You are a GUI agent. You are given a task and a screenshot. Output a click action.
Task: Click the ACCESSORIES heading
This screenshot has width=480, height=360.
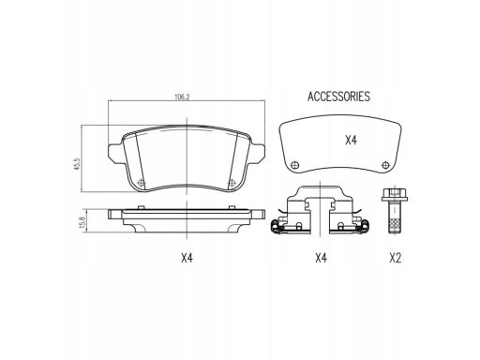[338, 97]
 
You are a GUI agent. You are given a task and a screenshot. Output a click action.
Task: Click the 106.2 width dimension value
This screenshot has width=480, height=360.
[182, 97]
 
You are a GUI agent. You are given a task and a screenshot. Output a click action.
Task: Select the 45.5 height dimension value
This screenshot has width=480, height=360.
[77, 164]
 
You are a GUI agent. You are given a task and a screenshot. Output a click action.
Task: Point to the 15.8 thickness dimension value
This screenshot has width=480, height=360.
[83, 223]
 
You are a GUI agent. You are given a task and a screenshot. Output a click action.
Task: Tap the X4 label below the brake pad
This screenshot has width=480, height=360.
[187, 258]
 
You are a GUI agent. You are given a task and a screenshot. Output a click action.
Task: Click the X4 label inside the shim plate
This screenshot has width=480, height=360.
[351, 141]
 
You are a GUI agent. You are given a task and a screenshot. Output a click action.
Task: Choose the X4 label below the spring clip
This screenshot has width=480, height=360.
[321, 258]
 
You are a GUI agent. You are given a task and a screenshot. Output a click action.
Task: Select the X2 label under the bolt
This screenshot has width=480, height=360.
[396, 258]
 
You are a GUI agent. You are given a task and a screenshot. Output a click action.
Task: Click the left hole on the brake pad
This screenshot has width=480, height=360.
[142, 183]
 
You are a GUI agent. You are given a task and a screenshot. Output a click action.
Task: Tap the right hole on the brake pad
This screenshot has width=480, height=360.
[232, 183]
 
